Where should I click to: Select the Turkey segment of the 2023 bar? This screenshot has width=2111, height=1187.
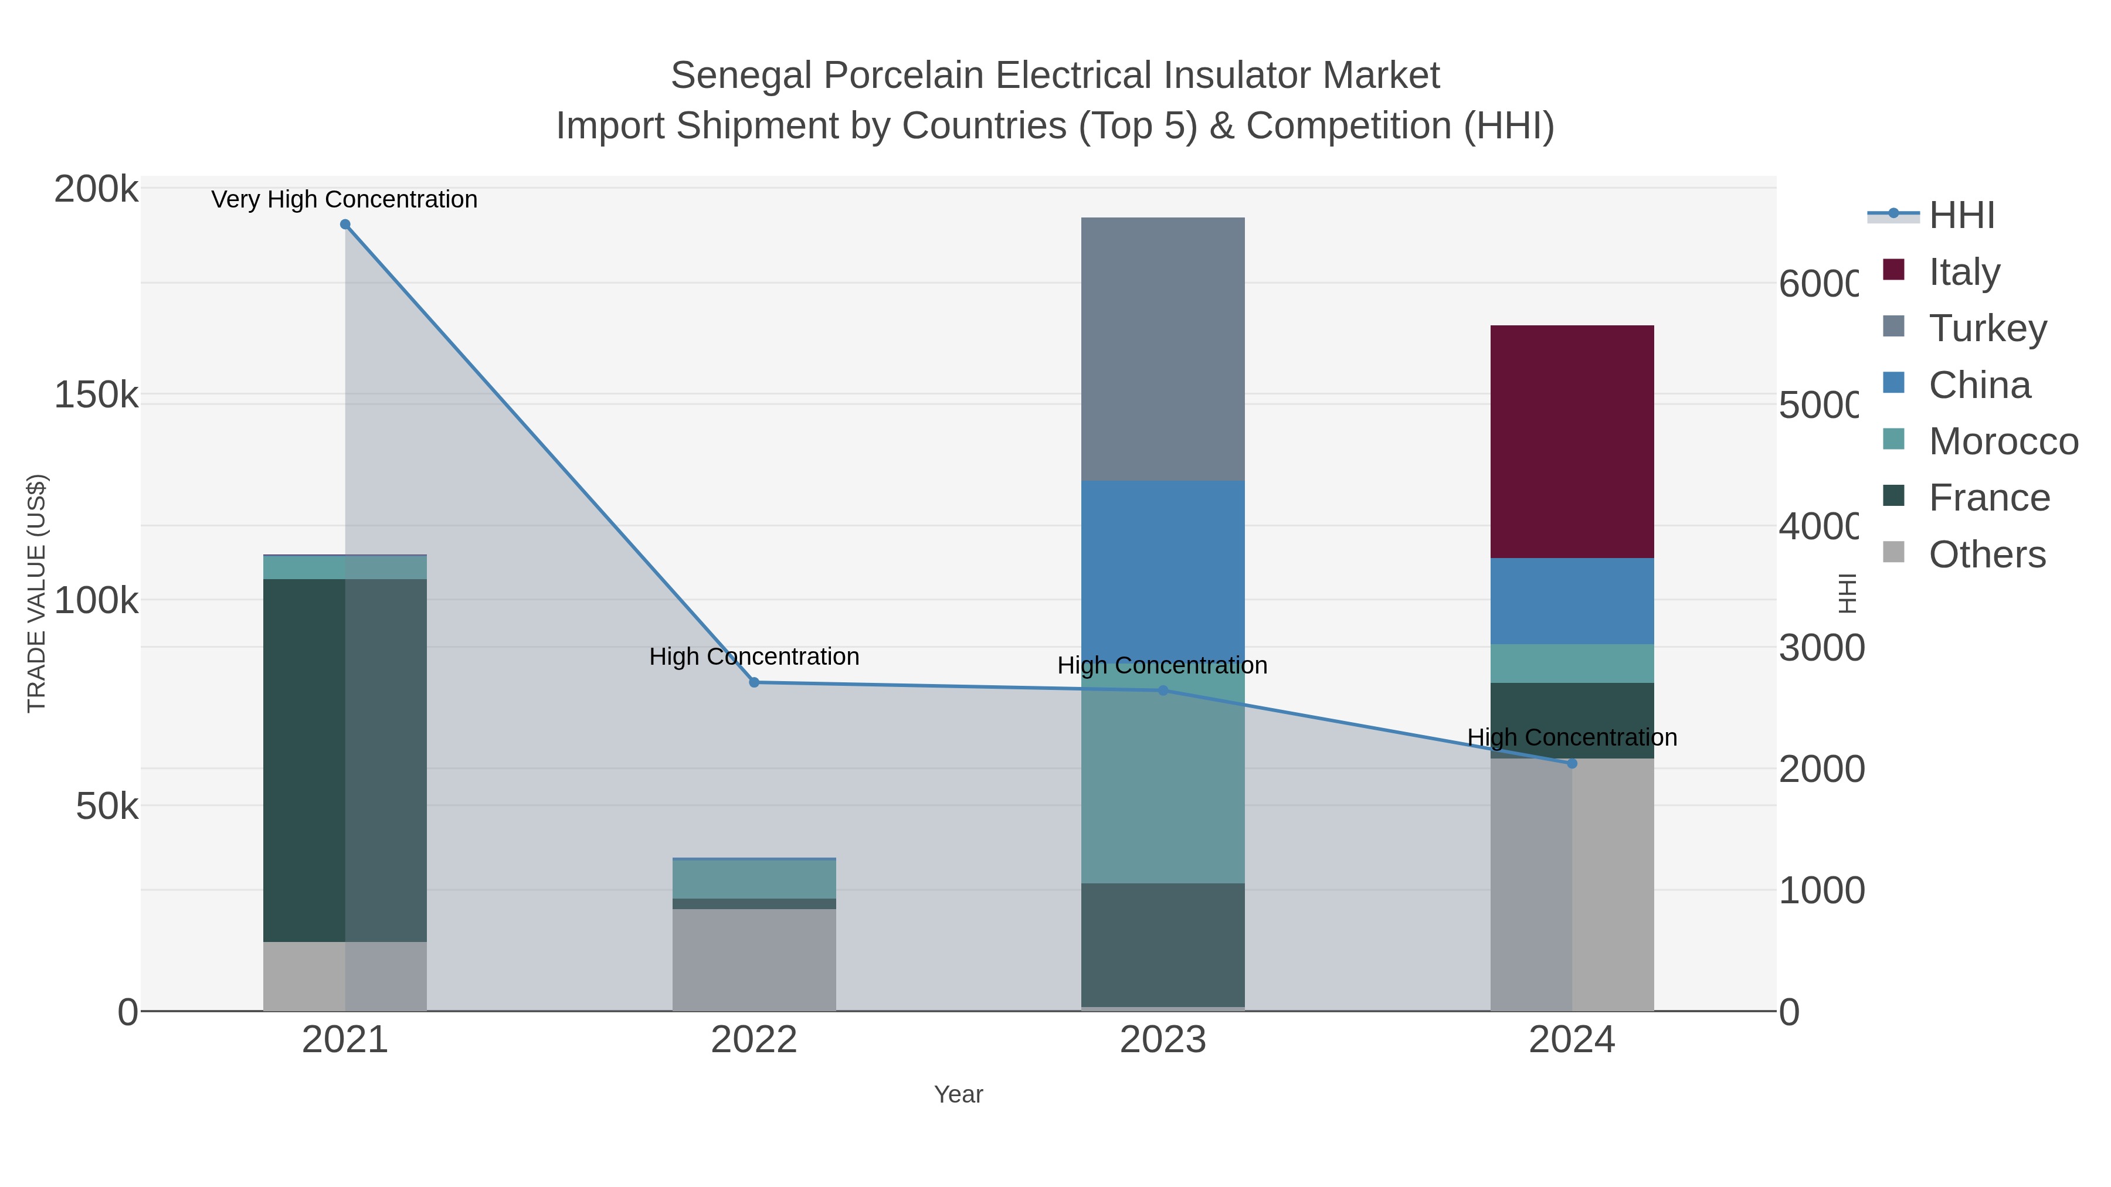[x=1162, y=349]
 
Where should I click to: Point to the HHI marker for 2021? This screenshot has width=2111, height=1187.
[x=345, y=225]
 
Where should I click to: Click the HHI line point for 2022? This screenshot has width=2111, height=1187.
[x=754, y=682]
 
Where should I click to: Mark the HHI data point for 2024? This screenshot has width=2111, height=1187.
[x=1571, y=763]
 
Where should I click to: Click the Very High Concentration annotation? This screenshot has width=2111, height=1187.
[x=344, y=199]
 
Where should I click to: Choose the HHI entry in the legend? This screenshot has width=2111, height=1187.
[x=1960, y=216]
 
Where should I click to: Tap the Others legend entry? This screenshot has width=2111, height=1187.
[x=1987, y=555]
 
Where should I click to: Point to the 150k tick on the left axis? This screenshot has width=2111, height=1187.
[x=96, y=395]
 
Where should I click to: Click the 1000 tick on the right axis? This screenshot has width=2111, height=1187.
[x=1821, y=890]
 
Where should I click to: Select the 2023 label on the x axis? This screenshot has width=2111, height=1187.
[x=1162, y=1039]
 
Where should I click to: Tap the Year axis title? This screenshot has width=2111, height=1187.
[x=958, y=1094]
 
